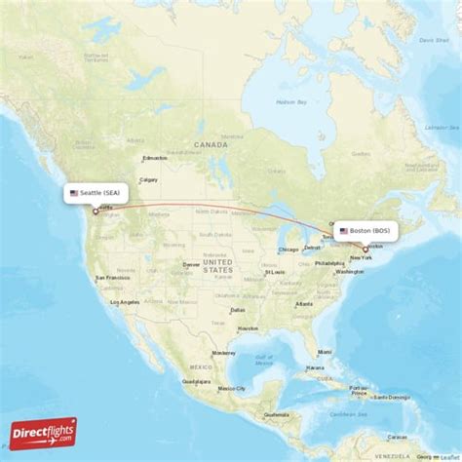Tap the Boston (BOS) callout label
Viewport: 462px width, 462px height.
pyautogui.click(x=366, y=231)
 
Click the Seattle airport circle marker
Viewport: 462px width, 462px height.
pyautogui.click(x=96, y=211)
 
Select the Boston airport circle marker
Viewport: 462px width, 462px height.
pyautogui.click(x=366, y=249)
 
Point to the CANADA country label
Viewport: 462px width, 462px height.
pyautogui.click(x=210, y=144)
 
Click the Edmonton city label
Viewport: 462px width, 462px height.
pyautogui.click(x=155, y=158)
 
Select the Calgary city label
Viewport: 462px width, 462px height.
pyautogui.click(x=148, y=179)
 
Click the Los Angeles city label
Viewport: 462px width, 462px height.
pyautogui.click(x=125, y=302)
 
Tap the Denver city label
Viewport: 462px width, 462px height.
pyautogui.click(x=192, y=264)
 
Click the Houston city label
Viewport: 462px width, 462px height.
pyautogui.click(x=248, y=328)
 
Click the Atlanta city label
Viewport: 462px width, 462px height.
pyautogui.click(x=304, y=303)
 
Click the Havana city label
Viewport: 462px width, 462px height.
pyautogui.click(x=314, y=368)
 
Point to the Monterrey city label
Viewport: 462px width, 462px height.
pyautogui.click(x=223, y=352)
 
